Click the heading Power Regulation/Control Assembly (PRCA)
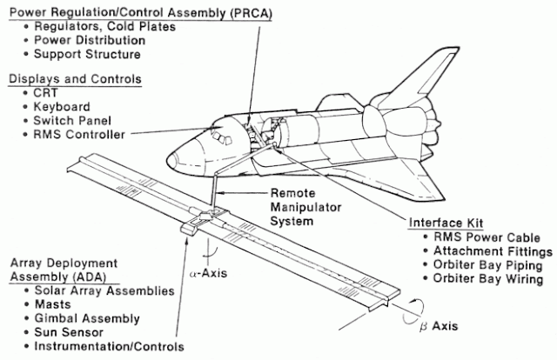pyautogui.click(x=141, y=13)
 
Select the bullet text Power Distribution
pyautogui.click(x=90, y=41)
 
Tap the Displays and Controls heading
pyautogui.click(x=75, y=79)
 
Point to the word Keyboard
pyautogui.click(x=62, y=107)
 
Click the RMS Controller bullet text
pyautogui.click(x=79, y=135)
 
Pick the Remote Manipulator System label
pyautogui.click(x=305, y=207)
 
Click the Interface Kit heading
pyautogui.click(x=446, y=223)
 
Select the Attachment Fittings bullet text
pyautogui.click(x=493, y=251)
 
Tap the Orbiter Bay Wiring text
pyautogui.click(x=488, y=279)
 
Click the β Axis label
pyautogui.click(x=439, y=326)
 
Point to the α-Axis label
pyautogui.click(x=208, y=273)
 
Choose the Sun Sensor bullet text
pyautogui.click(x=69, y=332)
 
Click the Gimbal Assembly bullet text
pyautogui.click(x=87, y=318)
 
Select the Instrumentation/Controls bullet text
pyautogui.click(x=109, y=346)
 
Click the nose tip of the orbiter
pyautogui.click(x=170, y=159)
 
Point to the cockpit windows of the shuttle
pyautogui.click(x=221, y=137)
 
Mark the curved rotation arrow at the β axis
pyautogui.click(x=413, y=312)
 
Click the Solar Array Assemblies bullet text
pyautogui.click(x=104, y=290)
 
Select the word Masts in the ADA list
pyautogui.click(x=52, y=304)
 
